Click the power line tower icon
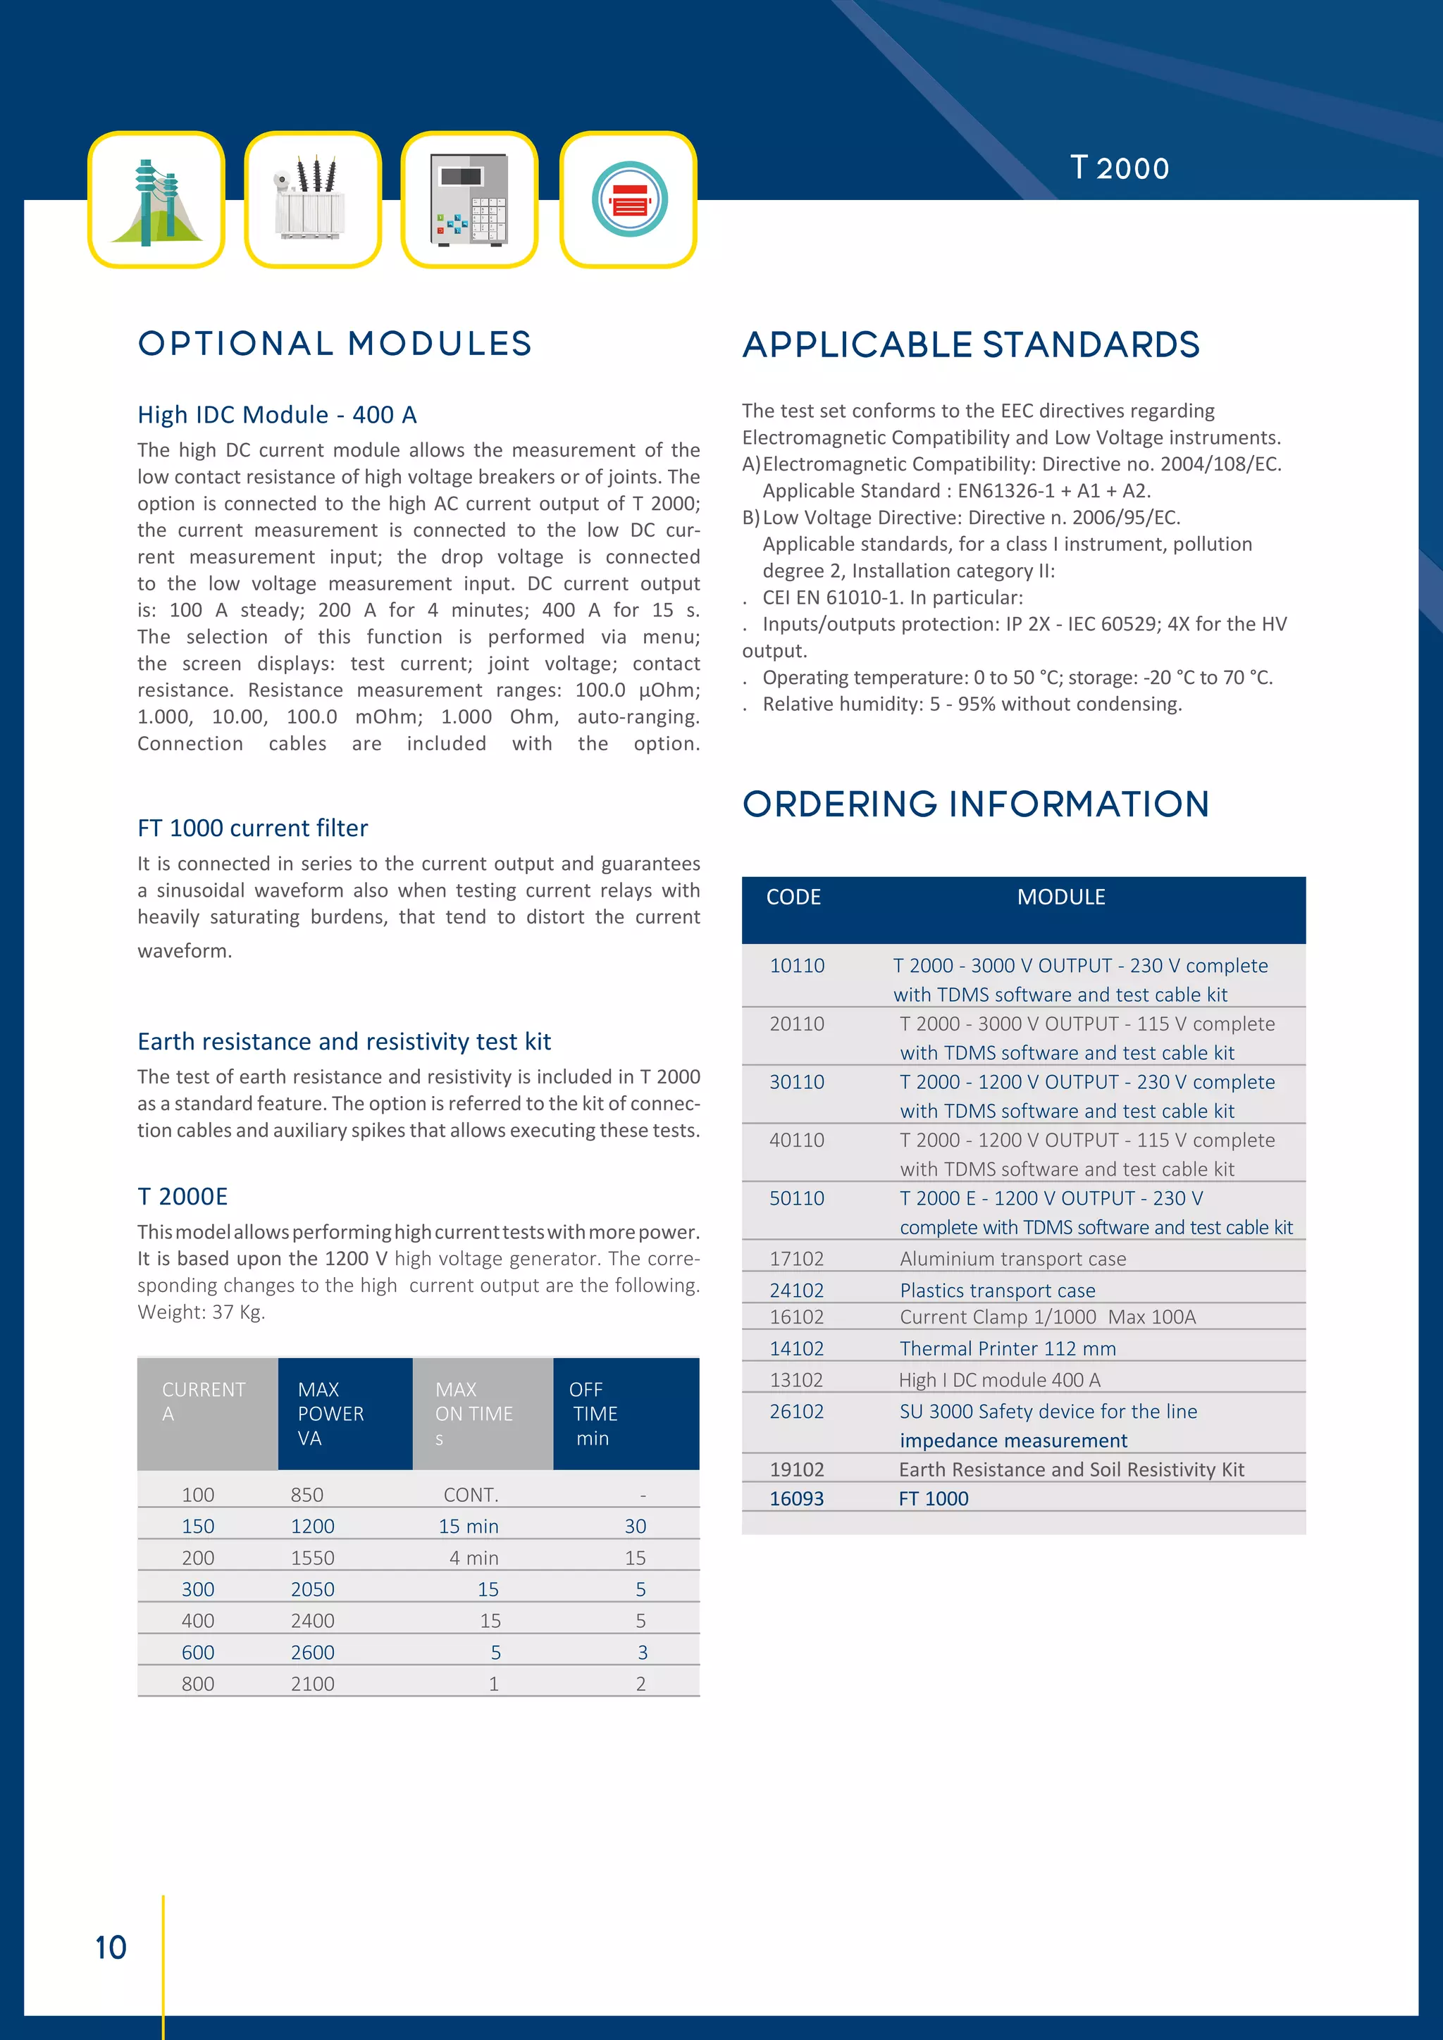click(x=156, y=200)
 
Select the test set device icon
click(x=469, y=200)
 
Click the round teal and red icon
click(x=628, y=200)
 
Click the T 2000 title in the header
click(x=1119, y=168)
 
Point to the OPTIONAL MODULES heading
click(x=335, y=344)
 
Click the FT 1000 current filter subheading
click(x=252, y=828)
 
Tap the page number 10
click(x=111, y=1948)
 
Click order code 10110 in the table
click(x=796, y=966)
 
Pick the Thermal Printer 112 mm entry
click(x=1007, y=1349)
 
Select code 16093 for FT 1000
click(x=796, y=1499)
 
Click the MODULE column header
click(x=1061, y=897)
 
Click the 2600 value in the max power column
click(x=313, y=1653)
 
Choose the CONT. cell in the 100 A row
click(x=471, y=1495)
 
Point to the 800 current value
click(x=197, y=1684)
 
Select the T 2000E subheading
click(x=182, y=1197)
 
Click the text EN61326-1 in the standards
click(x=1005, y=492)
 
